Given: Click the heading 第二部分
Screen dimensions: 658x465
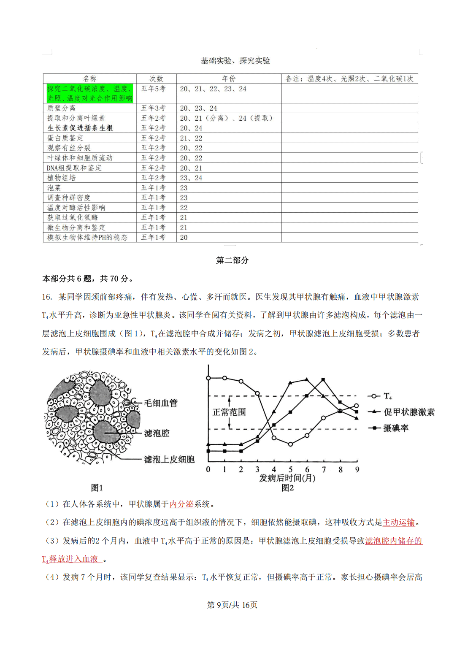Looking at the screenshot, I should (x=232, y=260).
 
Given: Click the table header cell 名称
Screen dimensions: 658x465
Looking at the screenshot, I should (x=89, y=79).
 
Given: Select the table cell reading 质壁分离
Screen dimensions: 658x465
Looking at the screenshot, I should (x=61, y=108).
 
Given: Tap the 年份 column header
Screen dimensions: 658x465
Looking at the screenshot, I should (x=229, y=79).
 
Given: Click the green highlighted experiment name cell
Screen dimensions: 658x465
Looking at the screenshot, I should (x=89, y=93).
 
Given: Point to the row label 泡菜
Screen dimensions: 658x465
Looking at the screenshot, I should (x=54, y=188).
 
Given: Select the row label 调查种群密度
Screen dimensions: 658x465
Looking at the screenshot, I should (x=69, y=198).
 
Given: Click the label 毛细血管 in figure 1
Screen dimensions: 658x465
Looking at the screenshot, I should (x=161, y=403).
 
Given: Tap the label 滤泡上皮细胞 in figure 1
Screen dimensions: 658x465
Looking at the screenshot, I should (x=169, y=459).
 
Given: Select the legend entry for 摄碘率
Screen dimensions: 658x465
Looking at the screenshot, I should (x=395, y=428).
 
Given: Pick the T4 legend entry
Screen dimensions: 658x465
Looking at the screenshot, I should (x=387, y=396).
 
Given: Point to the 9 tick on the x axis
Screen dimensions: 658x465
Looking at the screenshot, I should (x=357, y=469).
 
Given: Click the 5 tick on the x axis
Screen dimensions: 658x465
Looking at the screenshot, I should (x=290, y=469).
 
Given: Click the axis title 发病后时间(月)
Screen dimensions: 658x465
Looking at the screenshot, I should (x=287, y=478).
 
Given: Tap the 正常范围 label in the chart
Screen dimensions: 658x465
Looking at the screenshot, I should (x=229, y=412).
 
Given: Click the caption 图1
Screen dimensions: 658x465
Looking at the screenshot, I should (x=97, y=488).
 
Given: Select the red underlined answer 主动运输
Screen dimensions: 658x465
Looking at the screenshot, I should (x=399, y=523).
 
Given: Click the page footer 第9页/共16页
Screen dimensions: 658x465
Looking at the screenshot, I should (x=232, y=605).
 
